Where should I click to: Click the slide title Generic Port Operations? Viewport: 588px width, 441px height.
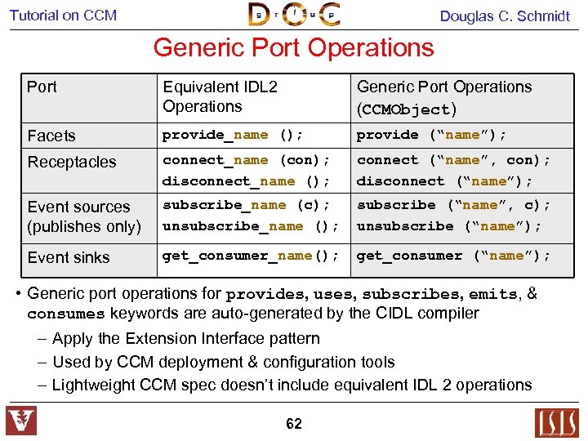coord(293,47)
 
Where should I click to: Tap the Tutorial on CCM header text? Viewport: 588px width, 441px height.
coord(63,15)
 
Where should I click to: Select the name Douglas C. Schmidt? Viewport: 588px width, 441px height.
coord(505,16)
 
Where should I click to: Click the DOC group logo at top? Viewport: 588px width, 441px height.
coord(293,15)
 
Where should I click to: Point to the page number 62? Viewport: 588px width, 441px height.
coord(293,424)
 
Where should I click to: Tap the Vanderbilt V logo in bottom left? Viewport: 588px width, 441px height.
coord(21,421)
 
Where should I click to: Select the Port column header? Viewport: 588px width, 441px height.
coord(42,87)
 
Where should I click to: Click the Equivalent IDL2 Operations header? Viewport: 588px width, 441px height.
coord(220,96)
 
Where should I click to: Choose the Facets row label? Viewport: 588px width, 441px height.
coord(51,136)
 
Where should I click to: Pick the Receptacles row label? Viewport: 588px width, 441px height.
coord(72,162)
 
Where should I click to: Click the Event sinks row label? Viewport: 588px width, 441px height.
coord(69,257)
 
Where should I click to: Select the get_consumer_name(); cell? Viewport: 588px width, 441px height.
coord(251,256)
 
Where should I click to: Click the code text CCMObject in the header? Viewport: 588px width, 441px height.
coord(405,109)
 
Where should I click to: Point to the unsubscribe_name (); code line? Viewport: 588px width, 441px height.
coord(251,226)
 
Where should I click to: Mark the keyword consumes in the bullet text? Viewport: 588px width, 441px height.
coord(66,314)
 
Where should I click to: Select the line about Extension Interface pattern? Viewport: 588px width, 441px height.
coord(185,338)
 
